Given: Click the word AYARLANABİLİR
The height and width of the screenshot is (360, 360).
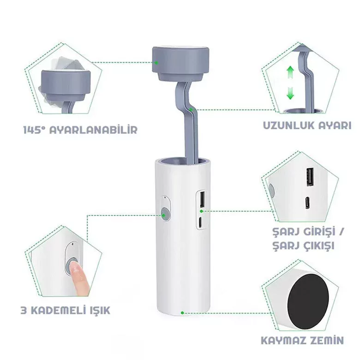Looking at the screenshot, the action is (x=93, y=130).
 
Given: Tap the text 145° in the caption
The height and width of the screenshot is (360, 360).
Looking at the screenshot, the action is (x=34, y=130).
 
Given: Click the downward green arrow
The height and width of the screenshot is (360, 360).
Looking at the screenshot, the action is (x=290, y=93).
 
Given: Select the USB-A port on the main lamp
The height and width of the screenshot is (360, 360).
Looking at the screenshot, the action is (x=202, y=198).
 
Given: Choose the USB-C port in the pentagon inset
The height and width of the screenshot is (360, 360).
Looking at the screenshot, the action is (x=307, y=203).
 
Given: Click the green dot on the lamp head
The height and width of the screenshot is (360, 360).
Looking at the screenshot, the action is (x=156, y=62).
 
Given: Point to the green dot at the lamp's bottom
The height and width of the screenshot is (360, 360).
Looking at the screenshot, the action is (x=182, y=313).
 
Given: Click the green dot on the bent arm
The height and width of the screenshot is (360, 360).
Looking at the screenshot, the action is (x=191, y=109).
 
